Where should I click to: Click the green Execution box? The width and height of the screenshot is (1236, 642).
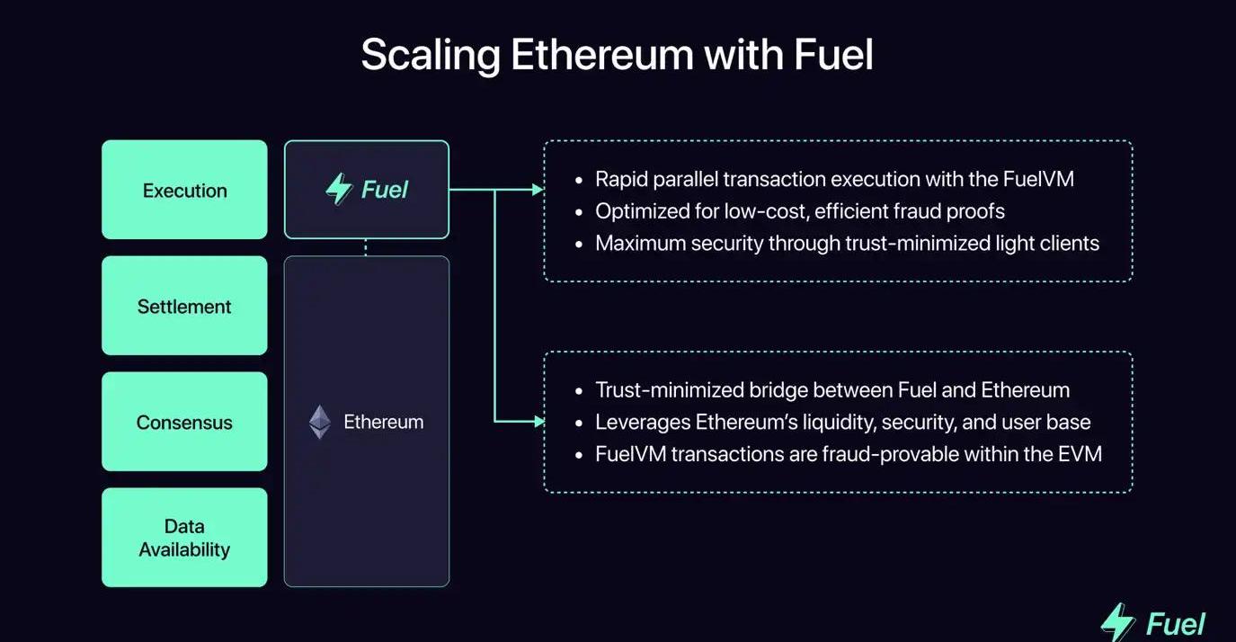[x=184, y=190]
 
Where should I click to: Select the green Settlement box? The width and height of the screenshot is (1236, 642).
[x=184, y=306]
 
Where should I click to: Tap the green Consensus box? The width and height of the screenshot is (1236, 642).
[x=184, y=422]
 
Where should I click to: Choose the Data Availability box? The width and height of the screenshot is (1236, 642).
[x=184, y=538]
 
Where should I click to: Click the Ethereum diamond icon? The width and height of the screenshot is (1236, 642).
[x=320, y=422]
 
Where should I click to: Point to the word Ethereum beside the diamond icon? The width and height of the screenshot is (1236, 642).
[x=384, y=422]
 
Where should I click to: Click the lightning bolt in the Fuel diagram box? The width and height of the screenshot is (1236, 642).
[x=339, y=190]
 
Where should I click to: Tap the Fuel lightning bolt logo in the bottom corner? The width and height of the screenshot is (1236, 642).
[x=1118, y=621]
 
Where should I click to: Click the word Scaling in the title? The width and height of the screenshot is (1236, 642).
[x=431, y=55]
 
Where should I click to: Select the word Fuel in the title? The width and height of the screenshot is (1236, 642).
[x=833, y=55]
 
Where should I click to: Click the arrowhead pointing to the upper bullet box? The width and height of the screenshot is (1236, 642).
[x=538, y=190]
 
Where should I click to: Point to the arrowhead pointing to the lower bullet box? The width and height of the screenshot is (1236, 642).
[x=538, y=421]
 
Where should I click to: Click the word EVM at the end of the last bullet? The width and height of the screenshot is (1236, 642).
[x=1080, y=453]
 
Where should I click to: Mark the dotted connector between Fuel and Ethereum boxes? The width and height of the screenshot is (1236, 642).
[x=366, y=247]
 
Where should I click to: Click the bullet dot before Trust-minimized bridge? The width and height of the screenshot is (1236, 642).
[x=580, y=391]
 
